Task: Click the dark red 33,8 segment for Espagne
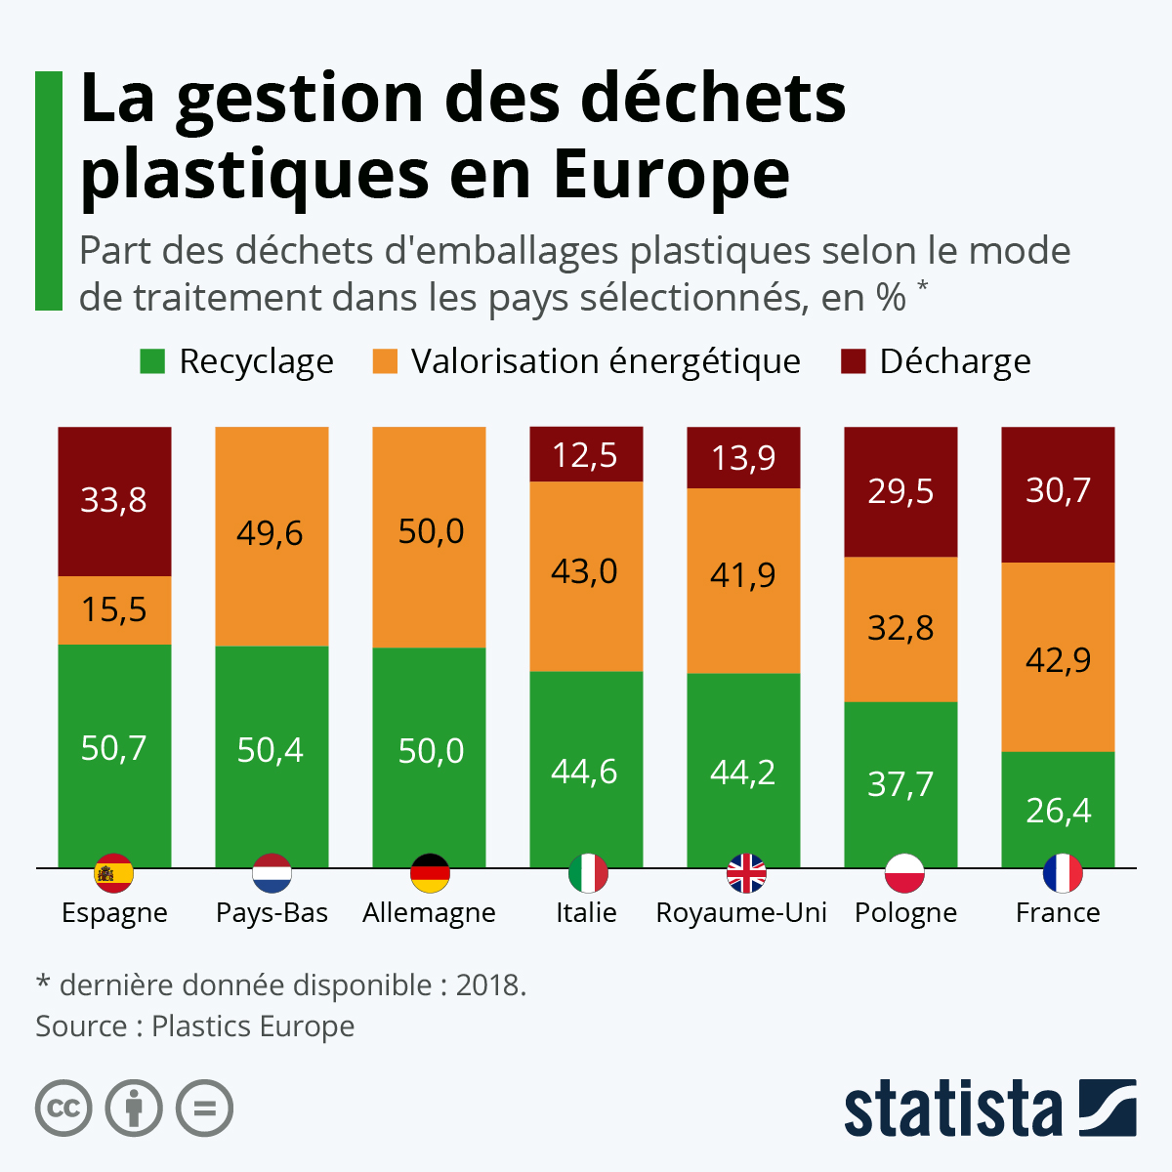pyautogui.click(x=114, y=501)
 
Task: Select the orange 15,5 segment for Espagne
pyautogui.click(x=114, y=609)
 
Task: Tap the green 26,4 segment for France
pyautogui.click(x=1058, y=809)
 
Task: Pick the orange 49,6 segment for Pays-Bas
pyautogui.click(x=272, y=535)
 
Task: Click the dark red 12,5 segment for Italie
pyautogui.click(x=586, y=454)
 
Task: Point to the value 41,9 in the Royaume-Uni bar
pyautogui.click(x=743, y=575)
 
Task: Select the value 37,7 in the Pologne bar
pyautogui.click(x=900, y=783)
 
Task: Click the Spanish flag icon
pyautogui.click(x=114, y=873)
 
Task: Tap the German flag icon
pyautogui.click(x=430, y=873)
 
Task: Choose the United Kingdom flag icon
pyautogui.click(x=746, y=873)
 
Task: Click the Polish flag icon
pyautogui.click(x=904, y=873)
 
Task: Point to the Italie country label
pyautogui.click(x=586, y=912)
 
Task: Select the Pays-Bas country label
pyautogui.click(x=272, y=912)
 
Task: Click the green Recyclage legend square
pyautogui.click(x=152, y=361)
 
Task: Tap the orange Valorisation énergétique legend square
pyautogui.click(x=385, y=361)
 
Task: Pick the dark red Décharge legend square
pyautogui.click(x=853, y=361)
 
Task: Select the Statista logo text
pyautogui.click(x=952, y=1109)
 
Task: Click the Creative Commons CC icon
pyautogui.click(x=63, y=1109)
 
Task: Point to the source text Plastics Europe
pyautogui.click(x=253, y=1025)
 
